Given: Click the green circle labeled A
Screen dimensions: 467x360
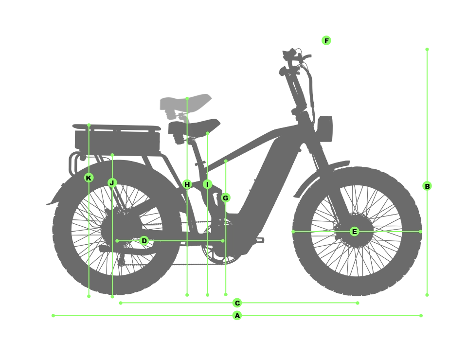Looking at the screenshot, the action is (x=237, y=316).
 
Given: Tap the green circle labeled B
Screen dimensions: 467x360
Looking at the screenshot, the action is (x=427, y=186).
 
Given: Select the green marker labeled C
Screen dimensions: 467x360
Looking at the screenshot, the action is (x=237, y=303).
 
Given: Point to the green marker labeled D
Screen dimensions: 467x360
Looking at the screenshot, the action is (x=144, y=241).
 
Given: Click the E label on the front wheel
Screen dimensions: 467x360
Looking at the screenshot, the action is (x=355, y=232).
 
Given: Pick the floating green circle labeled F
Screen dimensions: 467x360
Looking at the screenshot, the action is (x=326, y=40).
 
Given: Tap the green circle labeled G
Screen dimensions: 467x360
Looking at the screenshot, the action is (x=226, y=198).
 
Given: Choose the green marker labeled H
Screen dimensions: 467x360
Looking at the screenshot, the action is (x=187, y=184).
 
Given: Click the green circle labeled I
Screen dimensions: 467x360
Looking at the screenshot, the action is (x=207, y=184).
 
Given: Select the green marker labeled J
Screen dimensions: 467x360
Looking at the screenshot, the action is (x=112, y=183).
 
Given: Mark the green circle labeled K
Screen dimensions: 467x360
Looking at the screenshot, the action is (x=89, y=178).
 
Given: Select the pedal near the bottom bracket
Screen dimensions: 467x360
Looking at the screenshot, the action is (x=259, y=240).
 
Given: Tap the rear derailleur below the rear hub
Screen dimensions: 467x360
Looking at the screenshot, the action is (x=122, y=260).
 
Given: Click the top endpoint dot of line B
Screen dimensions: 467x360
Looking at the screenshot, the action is (x=427, y=50).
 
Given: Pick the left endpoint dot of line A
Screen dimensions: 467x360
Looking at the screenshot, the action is (x=54, y=316).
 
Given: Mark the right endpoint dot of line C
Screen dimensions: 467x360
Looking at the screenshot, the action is (x=358, y=303).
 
